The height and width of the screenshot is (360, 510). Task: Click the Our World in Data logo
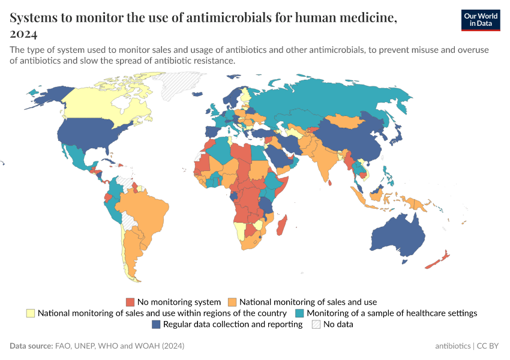tap(480, 20)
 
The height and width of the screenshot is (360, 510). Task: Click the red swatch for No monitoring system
tap(130, 302)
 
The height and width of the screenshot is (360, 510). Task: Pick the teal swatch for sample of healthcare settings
tap(300, 313)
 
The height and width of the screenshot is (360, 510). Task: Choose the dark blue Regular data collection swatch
tap(156, 325)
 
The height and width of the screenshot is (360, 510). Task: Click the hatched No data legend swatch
tap(316, 325)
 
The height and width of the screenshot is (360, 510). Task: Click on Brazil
tap(144, 210)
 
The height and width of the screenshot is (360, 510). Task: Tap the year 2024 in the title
tap(23, 33)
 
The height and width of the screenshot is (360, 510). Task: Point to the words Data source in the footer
tap(31, 346)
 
